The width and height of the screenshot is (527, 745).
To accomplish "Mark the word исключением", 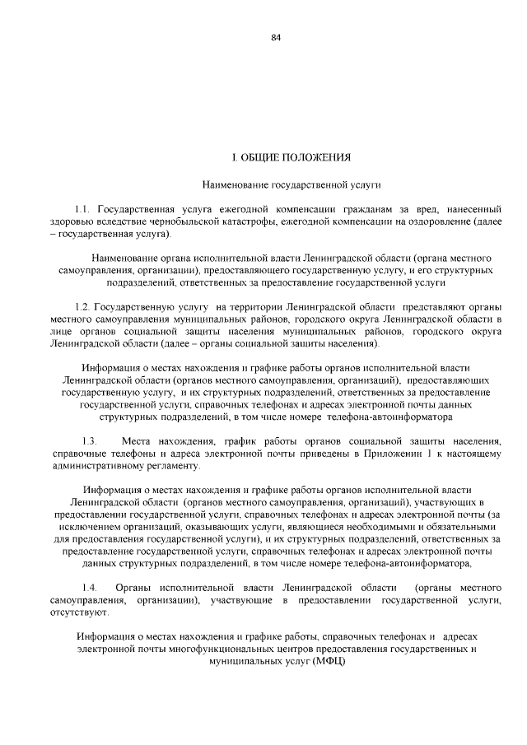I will point(85,525).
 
